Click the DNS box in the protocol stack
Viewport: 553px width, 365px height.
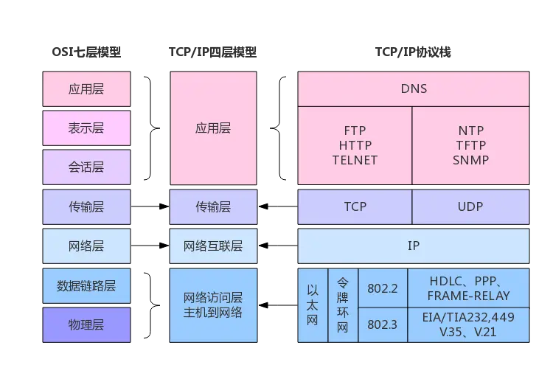pyautogui.click(x=414, y=89)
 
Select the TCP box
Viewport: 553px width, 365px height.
pyautogui.click(x=355, y=206)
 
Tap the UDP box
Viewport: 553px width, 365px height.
pyautogui.click(x=470, y=206)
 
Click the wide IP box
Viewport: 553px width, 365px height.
pyautogui.click(x=414, y=246)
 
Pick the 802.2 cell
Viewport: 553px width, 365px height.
pyautogui.click(x=383, y=288)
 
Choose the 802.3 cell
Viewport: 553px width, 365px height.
pyautogui.click(x=383, y=324)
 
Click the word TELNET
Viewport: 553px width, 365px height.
pyautogui.click(x=355, y=160)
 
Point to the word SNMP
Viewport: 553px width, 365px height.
pyautogui.click(x=471, y=160)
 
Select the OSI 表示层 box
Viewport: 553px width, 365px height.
pyautogui.click(x=86, y=128)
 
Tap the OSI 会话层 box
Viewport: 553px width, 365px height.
pyautogui.click(x=86, y=167)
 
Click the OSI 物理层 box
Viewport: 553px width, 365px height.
pyautogui.click(x=86, y=324)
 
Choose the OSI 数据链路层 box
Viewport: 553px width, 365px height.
pyautogui.click(x=86, y=285)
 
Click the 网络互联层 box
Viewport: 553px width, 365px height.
pyautogui.click(x=213, y=246)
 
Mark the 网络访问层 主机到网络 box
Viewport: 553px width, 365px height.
pyautogui.click(x=213, y=305)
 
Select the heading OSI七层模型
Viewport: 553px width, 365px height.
pyautogui.click(x=86, y=52)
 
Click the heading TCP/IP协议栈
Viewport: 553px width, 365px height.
pyautogui.click(x=413, y=52)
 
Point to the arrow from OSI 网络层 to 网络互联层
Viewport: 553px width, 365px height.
pyautogui.click(x=150, y=246)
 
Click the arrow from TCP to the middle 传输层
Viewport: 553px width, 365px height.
pyautogui.click(x=278, y=206)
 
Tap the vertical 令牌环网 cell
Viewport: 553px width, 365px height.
pyautogui.click(x=343, y=305)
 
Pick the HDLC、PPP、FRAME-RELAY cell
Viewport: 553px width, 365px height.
pyautogui.click(x=468, y=288)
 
